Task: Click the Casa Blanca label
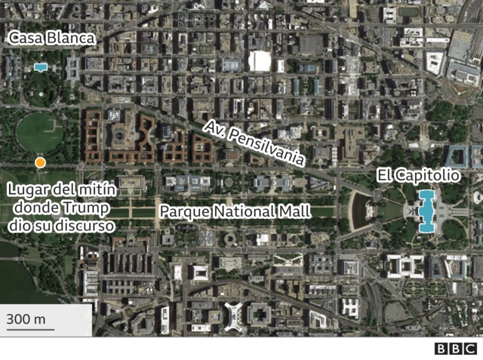(x=51, y=38)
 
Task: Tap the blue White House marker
(x=40, y=67)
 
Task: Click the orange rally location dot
(x=40, y=162)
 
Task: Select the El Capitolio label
(x=418, y=176)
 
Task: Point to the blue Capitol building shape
(x=426, y=211)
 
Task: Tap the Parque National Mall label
(x=235, y=211)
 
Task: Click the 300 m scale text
(x=26, y=319)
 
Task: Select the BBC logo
(x=455, y=348)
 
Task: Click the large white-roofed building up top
(x=259, y=61)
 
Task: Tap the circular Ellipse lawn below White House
(x=39, y=132)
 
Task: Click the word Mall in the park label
(x=294, y=211)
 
